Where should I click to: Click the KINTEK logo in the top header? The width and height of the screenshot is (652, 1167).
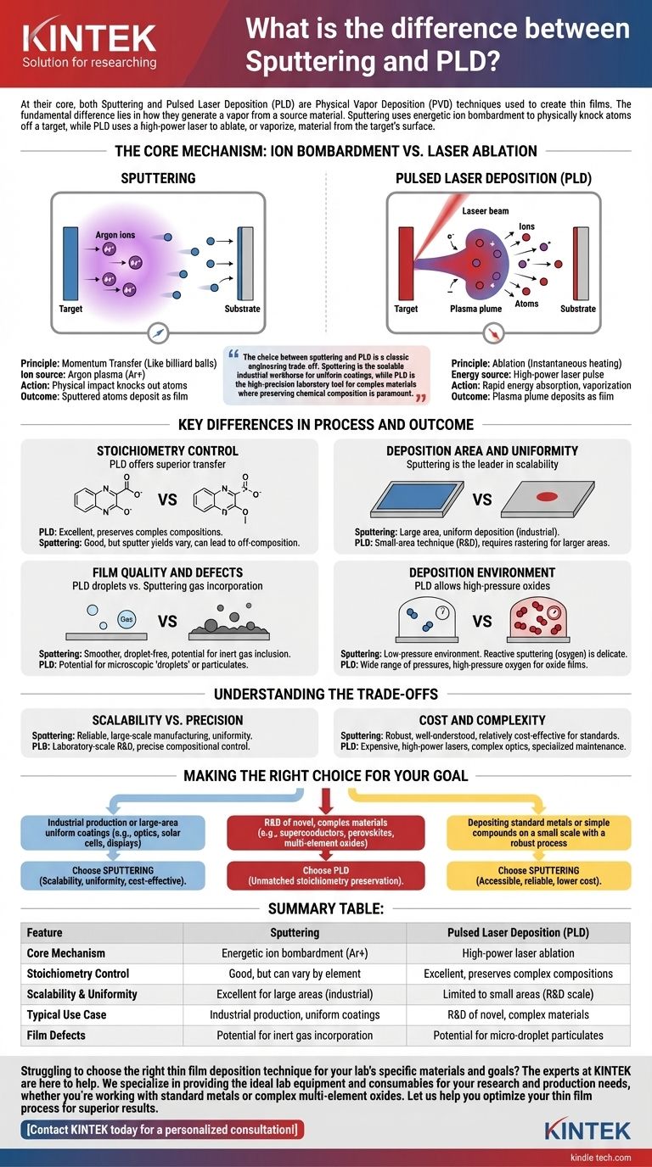coord(90,38)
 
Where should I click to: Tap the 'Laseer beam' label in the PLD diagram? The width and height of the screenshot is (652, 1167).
coord(486,210)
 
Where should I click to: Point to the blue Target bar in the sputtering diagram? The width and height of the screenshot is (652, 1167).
coord(70,262)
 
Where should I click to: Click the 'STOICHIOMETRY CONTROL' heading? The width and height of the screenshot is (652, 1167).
coord(168,451)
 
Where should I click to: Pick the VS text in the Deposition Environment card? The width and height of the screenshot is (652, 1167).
coord(482,622)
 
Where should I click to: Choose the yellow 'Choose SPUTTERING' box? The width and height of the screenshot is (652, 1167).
coord(538,875)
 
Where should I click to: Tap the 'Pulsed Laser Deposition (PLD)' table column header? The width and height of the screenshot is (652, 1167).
coord(519,932)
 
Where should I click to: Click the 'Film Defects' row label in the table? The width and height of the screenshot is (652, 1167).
coord(56,1035)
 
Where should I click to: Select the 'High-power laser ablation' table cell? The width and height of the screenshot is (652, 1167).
coord(519,953)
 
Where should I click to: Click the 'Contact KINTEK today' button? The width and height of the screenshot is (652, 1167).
coord(161,1129)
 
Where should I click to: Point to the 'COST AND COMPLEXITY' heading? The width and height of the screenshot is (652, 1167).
coord(481,720)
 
